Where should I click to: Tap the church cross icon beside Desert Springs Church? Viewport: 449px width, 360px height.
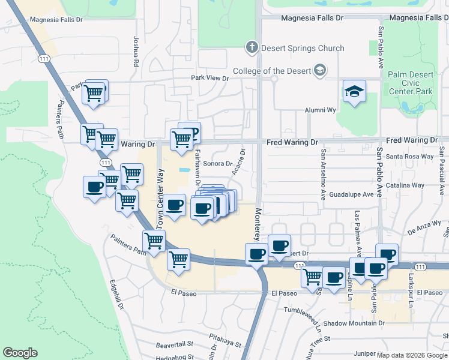[x=252, y=47]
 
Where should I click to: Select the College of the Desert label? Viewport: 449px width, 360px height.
[x=273, y=71]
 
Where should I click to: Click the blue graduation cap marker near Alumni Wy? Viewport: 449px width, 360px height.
[x=355, y=92]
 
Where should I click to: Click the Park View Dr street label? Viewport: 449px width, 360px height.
[x=210, y=78]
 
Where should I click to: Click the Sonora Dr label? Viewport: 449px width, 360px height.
[x=218, y=163]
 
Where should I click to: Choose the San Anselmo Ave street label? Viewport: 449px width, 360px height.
[x=323, y=174]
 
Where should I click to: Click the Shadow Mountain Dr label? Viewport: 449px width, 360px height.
[x=354, y=323]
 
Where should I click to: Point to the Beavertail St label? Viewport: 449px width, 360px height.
[x=175, y=344]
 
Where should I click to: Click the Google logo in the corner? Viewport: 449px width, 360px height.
[x=20, y=353]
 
